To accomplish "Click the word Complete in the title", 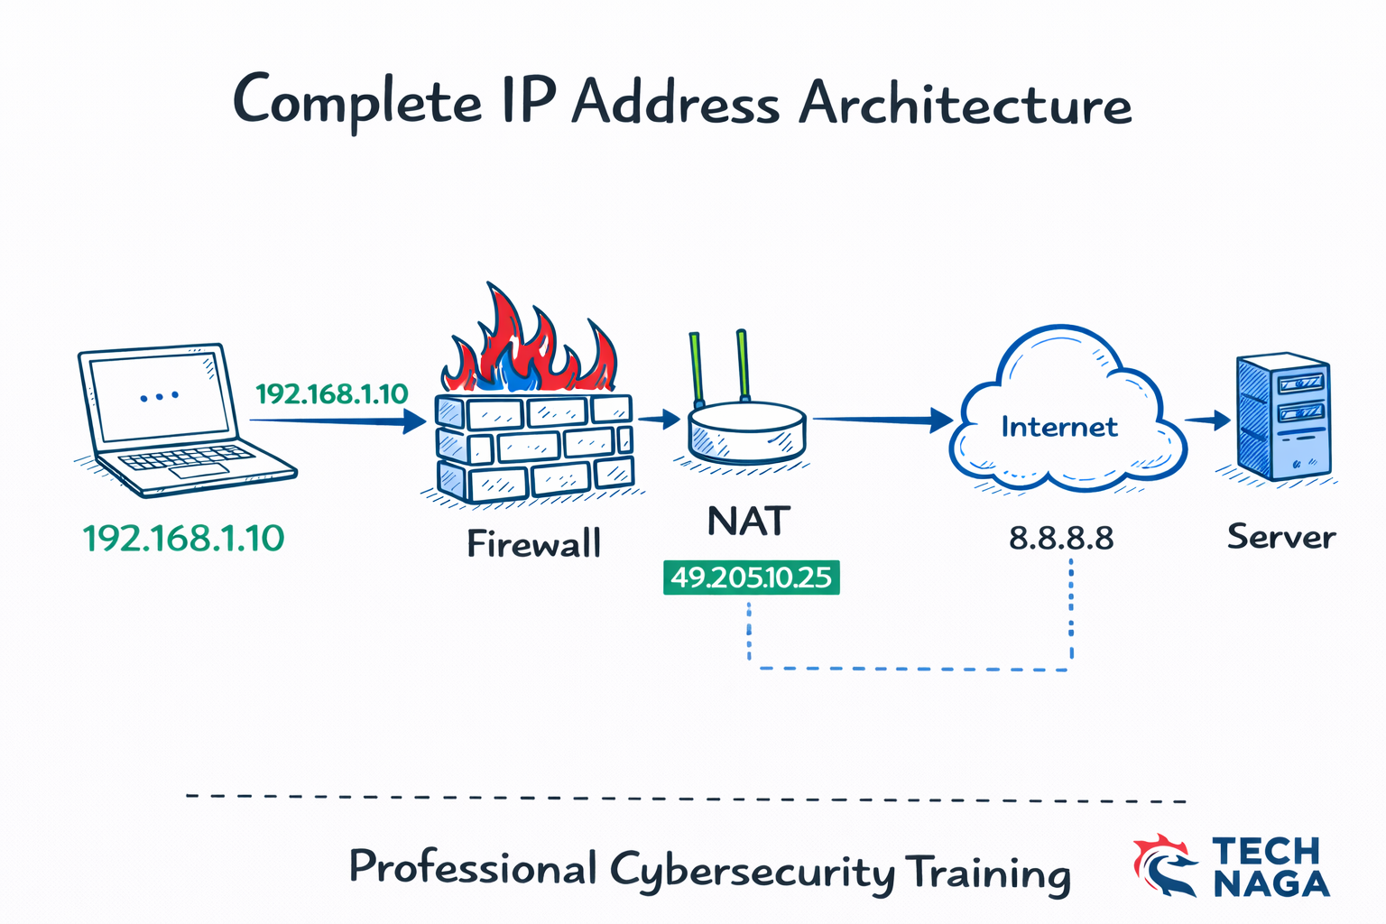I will point(357,101).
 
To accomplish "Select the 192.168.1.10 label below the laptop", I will point(184,539).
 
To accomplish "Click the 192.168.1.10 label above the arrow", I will point(332,394).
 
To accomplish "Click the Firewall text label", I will point(533,544).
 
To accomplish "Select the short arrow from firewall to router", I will point(659,419).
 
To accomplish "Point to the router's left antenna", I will point(696,370).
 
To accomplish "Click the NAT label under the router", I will point(749,522).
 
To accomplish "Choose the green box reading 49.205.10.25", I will point(751,577).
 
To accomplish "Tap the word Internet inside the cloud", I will point(1059,427).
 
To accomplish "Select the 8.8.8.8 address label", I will point(1061,539).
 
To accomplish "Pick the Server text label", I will point(1280,537).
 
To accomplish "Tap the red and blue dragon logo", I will point(1165,865).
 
